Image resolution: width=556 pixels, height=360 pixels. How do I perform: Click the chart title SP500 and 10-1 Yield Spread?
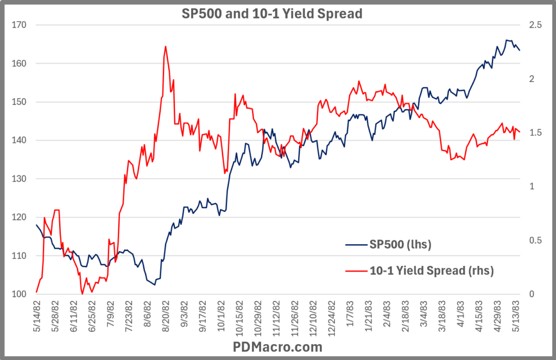pos(271,14)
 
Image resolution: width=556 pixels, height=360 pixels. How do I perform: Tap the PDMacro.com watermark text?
pos(277,346)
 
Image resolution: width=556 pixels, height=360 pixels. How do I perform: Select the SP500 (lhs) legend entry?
pos(400,245)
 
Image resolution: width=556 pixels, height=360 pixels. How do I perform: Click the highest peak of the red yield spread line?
pos(165,46)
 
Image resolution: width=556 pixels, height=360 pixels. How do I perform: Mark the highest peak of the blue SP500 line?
pos(507,40)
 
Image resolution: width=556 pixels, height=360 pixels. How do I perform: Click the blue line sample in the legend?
pos(356,245)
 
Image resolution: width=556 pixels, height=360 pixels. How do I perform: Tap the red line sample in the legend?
pos(356,270)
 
